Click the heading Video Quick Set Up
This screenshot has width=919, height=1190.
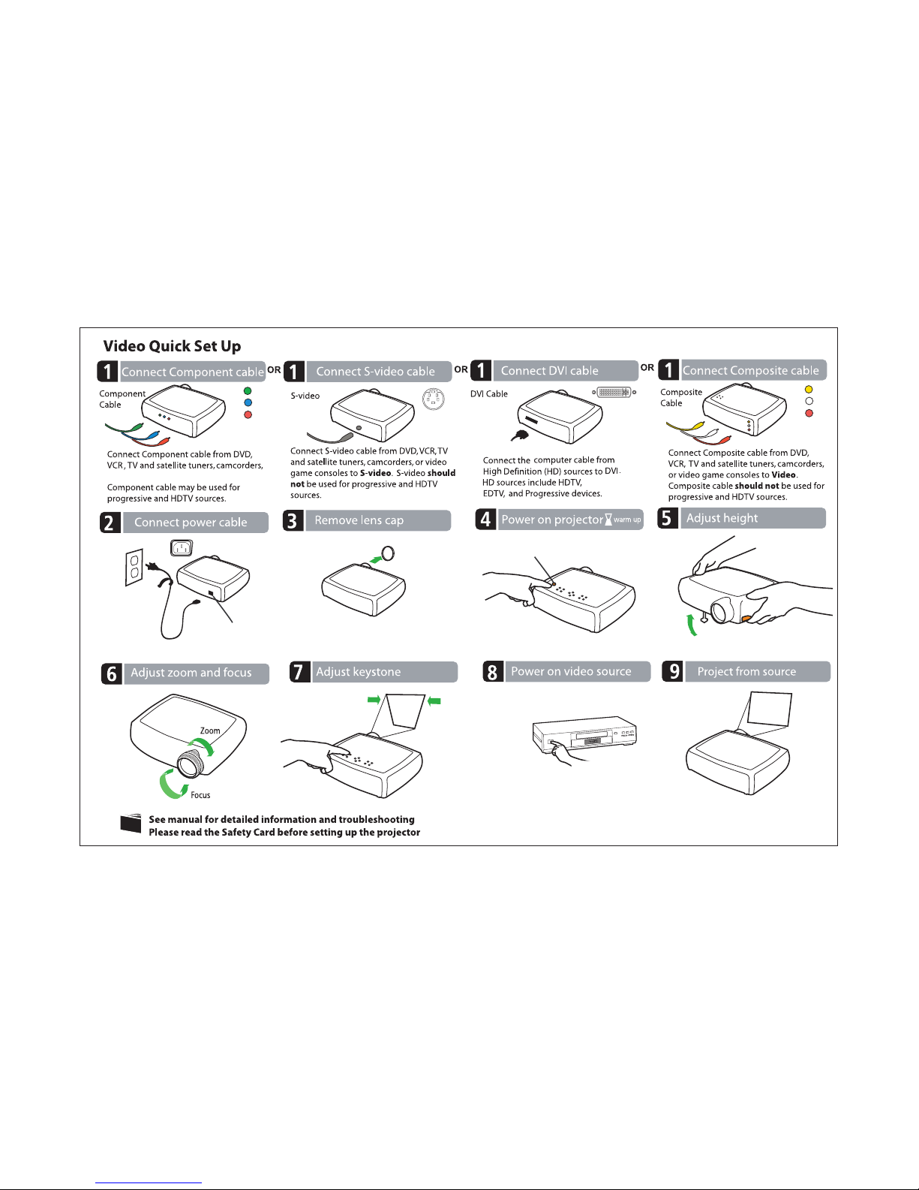[x=172, y=346]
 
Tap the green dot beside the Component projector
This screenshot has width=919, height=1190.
[x=248, y=390]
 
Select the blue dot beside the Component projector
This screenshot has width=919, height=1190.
[x=248, y=402]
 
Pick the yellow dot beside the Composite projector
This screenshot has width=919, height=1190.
[x=809, y=390]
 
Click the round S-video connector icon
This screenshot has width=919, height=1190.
[x=433, y=399]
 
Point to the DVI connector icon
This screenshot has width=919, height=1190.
[x=614, y=392]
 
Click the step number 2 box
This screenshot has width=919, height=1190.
[x=110, y=523]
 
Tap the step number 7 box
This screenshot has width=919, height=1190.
[x=299, y=672]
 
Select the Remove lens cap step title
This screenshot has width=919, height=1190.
[x=359, y=520]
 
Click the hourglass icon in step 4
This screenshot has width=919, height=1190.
[x=608, y=520]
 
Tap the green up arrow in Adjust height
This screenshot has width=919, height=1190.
[x=692, y=623]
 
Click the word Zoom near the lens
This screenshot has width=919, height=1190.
[x=210, y=731]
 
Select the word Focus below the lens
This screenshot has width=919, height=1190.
[x=200, y=795]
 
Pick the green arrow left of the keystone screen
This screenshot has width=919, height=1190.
[x=374, y=700]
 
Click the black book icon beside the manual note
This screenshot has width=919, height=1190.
[x=131, y=824]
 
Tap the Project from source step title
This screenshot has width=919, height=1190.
[x=746, y=672]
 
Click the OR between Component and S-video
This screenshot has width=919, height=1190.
[x=275, y=370]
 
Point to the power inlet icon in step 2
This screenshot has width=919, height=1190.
[x=181, y=548]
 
